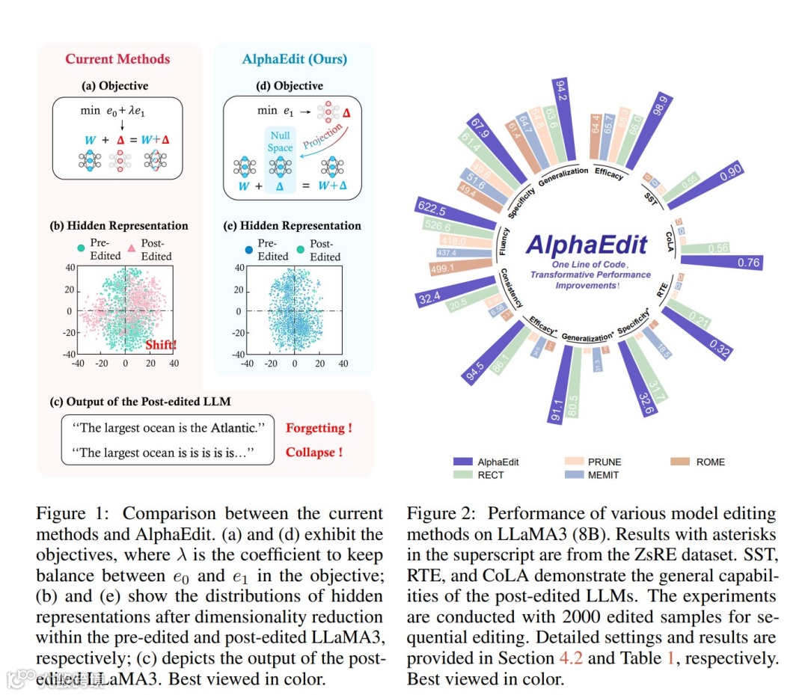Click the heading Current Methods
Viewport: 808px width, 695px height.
(x=117, y=59)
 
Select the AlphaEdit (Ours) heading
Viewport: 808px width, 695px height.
(x=295, y=59)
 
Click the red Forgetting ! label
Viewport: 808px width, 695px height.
(x=319, y=428)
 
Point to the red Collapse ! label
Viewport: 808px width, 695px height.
(x=314, y=452)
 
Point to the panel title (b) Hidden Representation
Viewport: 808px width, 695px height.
(x=119, y=225)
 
